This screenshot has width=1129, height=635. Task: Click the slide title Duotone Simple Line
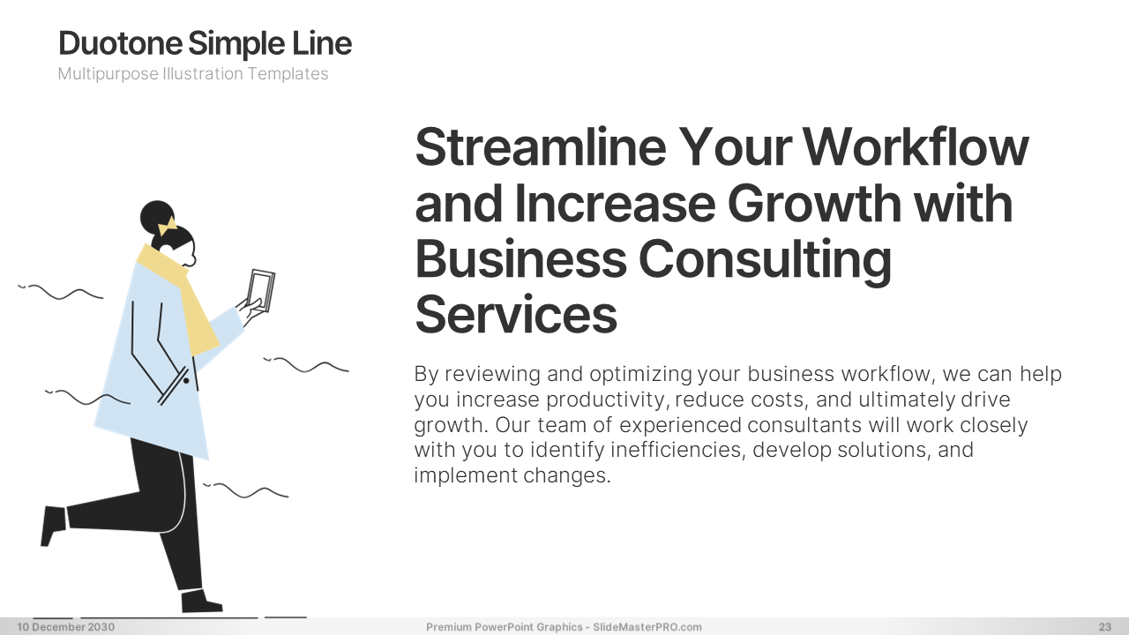(206, 43)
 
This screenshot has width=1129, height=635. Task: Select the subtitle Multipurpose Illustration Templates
(193, 74)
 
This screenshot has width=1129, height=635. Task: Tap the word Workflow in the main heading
(916, 146)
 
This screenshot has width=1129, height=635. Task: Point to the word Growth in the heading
(814, 203)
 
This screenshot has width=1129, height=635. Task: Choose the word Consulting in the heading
(765, 261)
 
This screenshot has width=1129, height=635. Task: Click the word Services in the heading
(516, 315)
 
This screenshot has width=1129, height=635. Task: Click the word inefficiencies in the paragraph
(678, 450)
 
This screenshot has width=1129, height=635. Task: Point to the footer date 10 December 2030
(66, 627)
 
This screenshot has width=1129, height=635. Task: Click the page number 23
(1105, 627)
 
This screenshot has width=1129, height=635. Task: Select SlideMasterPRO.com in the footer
(647, 627)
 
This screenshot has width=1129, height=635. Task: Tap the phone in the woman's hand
(261, 290)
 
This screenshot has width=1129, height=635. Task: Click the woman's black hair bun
(157, 217)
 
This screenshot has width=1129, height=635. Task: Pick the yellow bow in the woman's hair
(168, 227)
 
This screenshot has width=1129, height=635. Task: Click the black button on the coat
(186, 380)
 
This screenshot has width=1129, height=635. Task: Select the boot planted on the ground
(200, 601)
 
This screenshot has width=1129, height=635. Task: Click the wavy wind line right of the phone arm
(306, 365)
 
